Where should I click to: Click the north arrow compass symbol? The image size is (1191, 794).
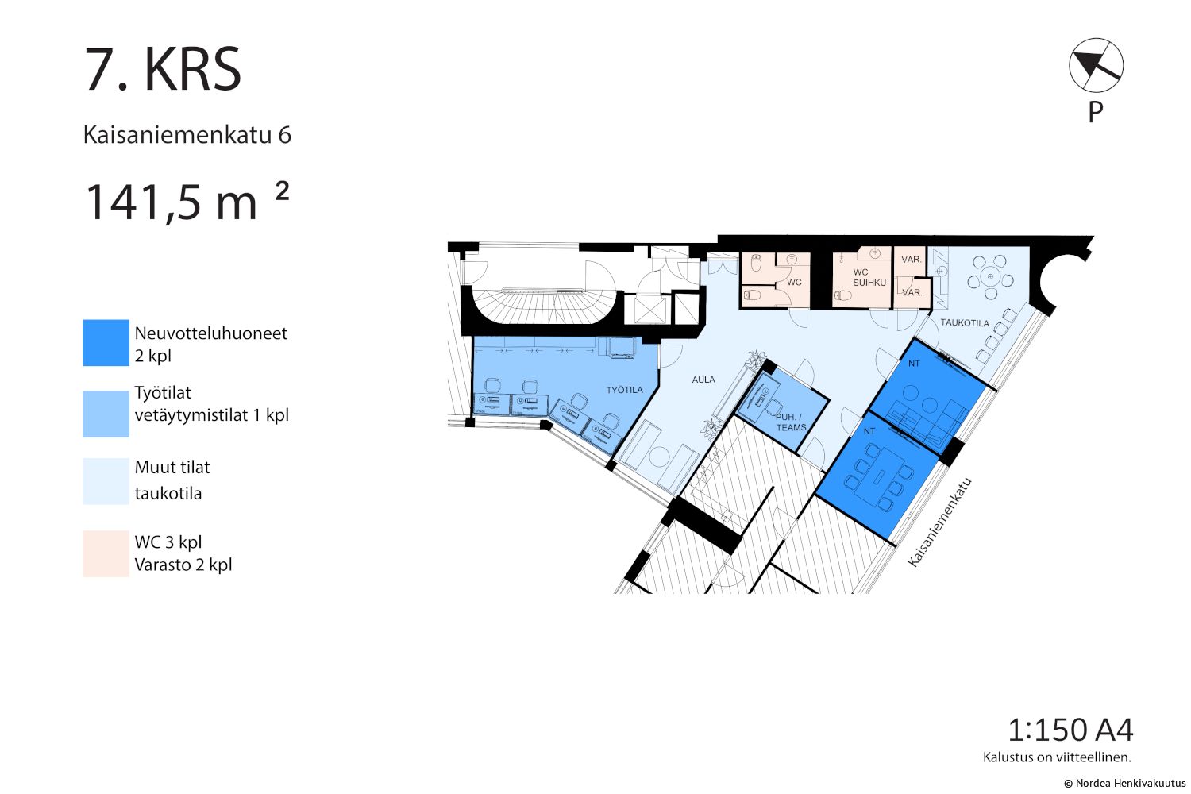tap(1096, 65)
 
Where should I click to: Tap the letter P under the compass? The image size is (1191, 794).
tap(1095, 112)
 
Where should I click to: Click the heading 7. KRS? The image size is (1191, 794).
tap(163, 70)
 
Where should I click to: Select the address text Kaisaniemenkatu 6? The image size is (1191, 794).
tap(187, 135)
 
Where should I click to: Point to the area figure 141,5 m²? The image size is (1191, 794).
tap(187, 201)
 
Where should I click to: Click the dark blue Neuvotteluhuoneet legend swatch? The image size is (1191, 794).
tap(106, 342)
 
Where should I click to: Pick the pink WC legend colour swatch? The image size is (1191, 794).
tap(106, 553)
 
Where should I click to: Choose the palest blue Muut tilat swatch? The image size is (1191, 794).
tap(106, 481)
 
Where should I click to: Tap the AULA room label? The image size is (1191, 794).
tap(703, 380)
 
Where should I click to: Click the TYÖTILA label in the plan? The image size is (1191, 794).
tap(625, 390)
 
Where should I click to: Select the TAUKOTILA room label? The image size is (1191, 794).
tap(965, 323)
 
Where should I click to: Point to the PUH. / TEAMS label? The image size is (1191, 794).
tap(791, 422)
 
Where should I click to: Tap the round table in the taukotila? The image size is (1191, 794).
tap(990, 276)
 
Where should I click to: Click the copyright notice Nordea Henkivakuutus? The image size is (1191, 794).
tap(1124, 784)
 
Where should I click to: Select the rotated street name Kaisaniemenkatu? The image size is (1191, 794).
tap(939, 522)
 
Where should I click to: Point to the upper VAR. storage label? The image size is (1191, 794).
tap(912, 260)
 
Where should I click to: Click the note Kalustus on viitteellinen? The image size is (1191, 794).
tap(1057, 757)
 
